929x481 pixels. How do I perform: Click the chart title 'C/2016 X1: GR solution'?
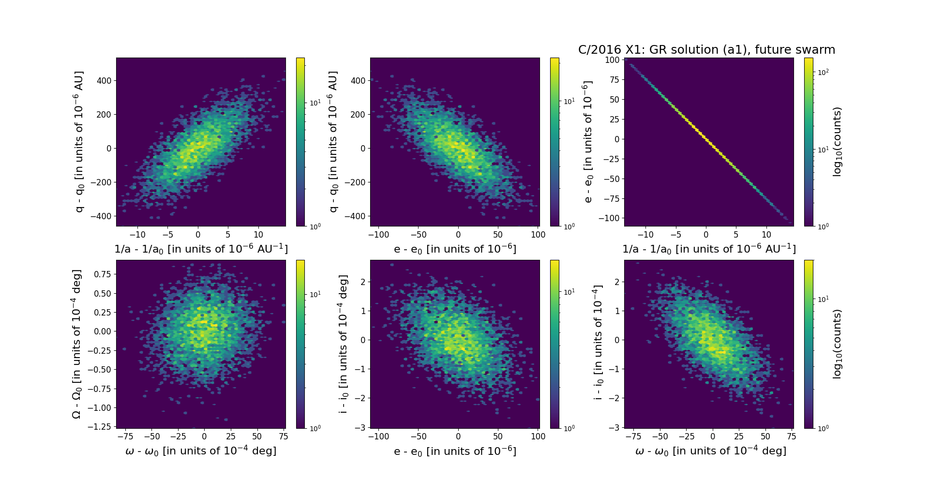[x=706, y=50]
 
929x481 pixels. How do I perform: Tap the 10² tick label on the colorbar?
[x=823, y=72]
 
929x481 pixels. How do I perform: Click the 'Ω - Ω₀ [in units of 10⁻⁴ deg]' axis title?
[x=76, y=344]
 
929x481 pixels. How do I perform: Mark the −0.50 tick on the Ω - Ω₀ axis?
[x=99, y=370]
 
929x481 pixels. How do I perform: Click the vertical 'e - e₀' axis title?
[x=587, y=142]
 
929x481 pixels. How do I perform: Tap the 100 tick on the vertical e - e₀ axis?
[x=612, y=60]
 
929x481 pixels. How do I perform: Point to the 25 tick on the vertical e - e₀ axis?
[x=614, y=120]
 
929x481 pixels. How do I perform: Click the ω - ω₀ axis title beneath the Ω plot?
[x=201, y=451]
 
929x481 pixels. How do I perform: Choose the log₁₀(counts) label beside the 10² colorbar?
[x=838, y=142]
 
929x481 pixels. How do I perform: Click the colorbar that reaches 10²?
[x=809, y=142]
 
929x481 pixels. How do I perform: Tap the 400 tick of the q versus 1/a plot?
[x=104, y=81]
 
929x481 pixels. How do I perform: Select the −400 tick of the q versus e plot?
[x=355, y=216]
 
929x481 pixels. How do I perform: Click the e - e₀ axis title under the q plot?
[x=455, y=249]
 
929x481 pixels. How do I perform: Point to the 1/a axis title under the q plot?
[x=201, y=249]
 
